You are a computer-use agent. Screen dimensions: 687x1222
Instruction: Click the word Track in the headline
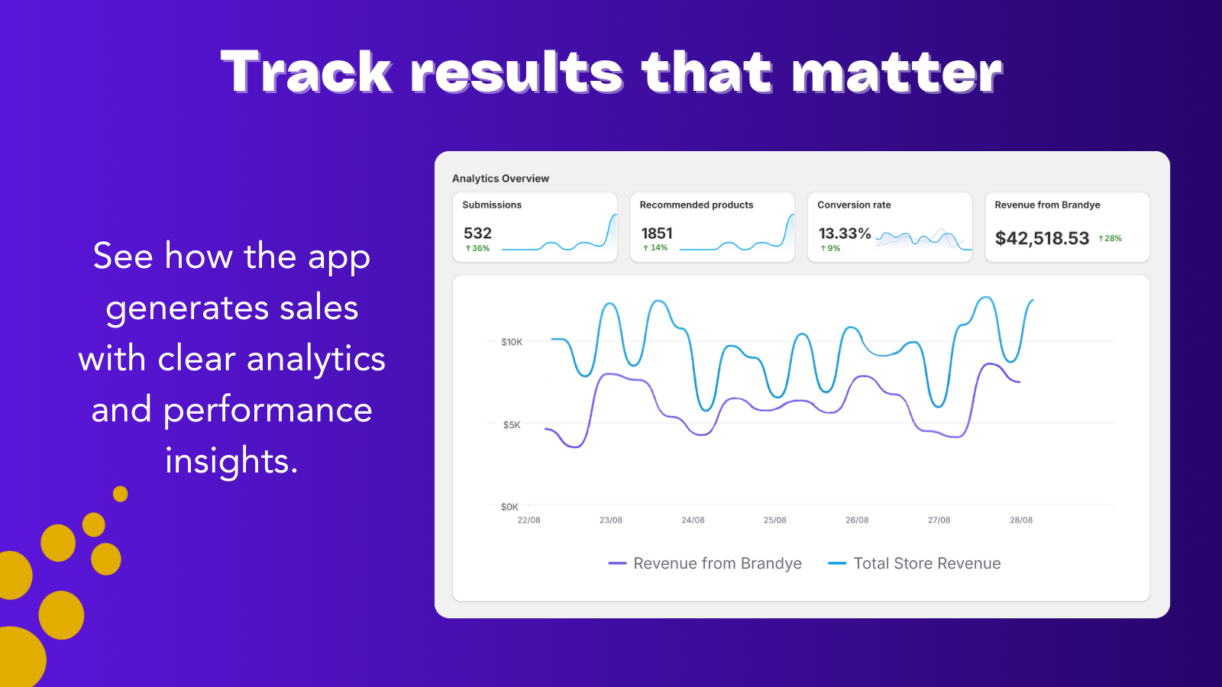[305, 73]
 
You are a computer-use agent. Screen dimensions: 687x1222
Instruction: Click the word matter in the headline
[897, 73]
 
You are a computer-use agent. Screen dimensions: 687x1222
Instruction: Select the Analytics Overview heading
[500, 179]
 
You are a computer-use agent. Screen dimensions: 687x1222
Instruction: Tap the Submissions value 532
[477, 234]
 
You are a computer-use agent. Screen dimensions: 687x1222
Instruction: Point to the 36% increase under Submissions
[478, 249]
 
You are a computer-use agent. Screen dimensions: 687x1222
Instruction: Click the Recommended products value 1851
[657, 234]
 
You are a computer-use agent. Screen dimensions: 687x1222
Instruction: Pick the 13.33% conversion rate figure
[845, 234]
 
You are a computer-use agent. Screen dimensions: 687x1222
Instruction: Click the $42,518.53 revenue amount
[1042, 238]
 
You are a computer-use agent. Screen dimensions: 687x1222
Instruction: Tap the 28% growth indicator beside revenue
[1110, 238]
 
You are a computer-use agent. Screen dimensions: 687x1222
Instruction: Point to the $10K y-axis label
[512, 342]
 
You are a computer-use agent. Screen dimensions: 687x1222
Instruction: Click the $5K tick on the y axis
[512, 425]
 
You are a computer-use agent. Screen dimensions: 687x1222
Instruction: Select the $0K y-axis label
[509, 507]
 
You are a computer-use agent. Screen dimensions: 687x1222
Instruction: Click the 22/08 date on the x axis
[529, 520]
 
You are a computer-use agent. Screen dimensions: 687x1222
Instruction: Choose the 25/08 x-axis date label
[774, 520]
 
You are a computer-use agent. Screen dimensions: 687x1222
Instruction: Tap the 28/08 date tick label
[1020, 520]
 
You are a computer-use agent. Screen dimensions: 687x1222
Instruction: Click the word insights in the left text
[231, 461]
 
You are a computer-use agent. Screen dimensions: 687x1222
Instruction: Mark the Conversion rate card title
[854, 205]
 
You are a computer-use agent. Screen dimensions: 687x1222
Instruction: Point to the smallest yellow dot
[120, 494]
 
